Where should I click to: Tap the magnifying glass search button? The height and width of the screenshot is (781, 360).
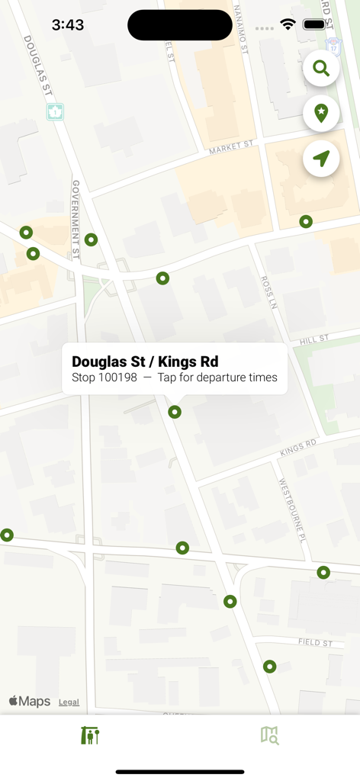coord(321,69)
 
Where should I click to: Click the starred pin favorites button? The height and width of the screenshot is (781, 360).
coord(321,114)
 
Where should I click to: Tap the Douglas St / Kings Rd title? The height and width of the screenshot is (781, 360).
coord(145,362)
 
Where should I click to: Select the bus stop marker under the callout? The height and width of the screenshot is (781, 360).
coord(175,412)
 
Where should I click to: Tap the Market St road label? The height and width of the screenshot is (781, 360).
coord(231,146)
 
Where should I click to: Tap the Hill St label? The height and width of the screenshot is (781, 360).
coord(313,339)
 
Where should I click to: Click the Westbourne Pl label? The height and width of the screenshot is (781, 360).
coord(291,509)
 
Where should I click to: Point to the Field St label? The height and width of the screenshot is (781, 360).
coord(315,643)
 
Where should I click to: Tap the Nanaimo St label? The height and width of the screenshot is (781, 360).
coord(241,29)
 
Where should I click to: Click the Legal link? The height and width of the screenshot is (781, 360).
coord(69,702)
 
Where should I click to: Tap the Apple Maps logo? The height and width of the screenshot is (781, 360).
coord(30,702)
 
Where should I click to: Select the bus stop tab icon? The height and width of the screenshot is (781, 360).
coord(90,735)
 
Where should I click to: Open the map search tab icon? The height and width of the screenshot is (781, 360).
coord(269,735)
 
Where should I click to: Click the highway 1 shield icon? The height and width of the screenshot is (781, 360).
coord(56,112)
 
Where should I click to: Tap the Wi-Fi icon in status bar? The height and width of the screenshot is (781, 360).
coord(288,24)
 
